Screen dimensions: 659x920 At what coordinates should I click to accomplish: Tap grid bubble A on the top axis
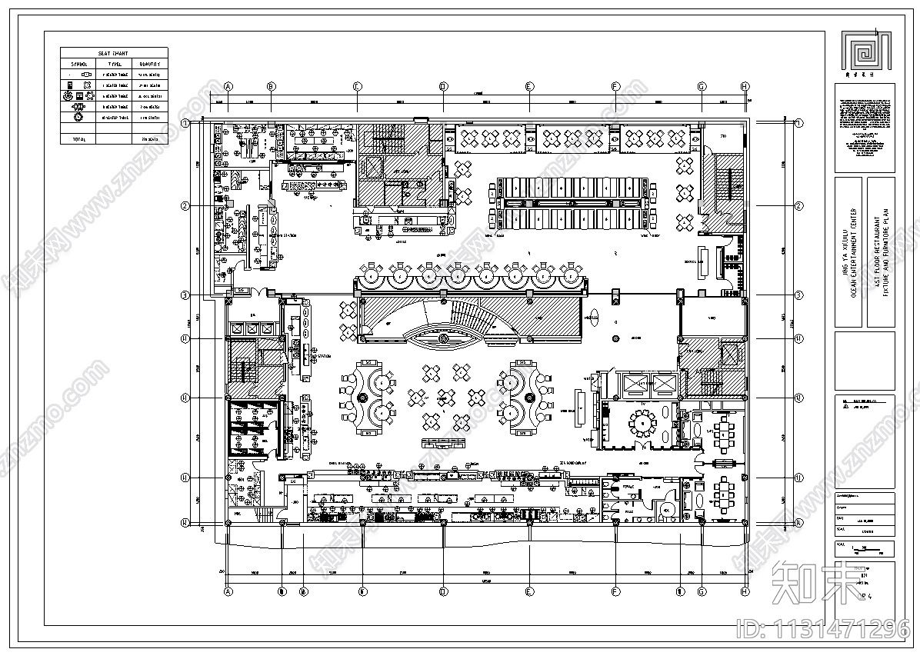[x=228, y=86]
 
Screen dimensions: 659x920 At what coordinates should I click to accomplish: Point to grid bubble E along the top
[x=529, y=86]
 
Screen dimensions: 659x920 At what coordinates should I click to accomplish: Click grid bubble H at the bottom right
[x=744, y=592]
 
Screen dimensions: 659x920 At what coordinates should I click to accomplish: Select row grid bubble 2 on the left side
[x=185, y=206]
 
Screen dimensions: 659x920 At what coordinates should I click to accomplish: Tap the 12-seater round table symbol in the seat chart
[x=78, y=118]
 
